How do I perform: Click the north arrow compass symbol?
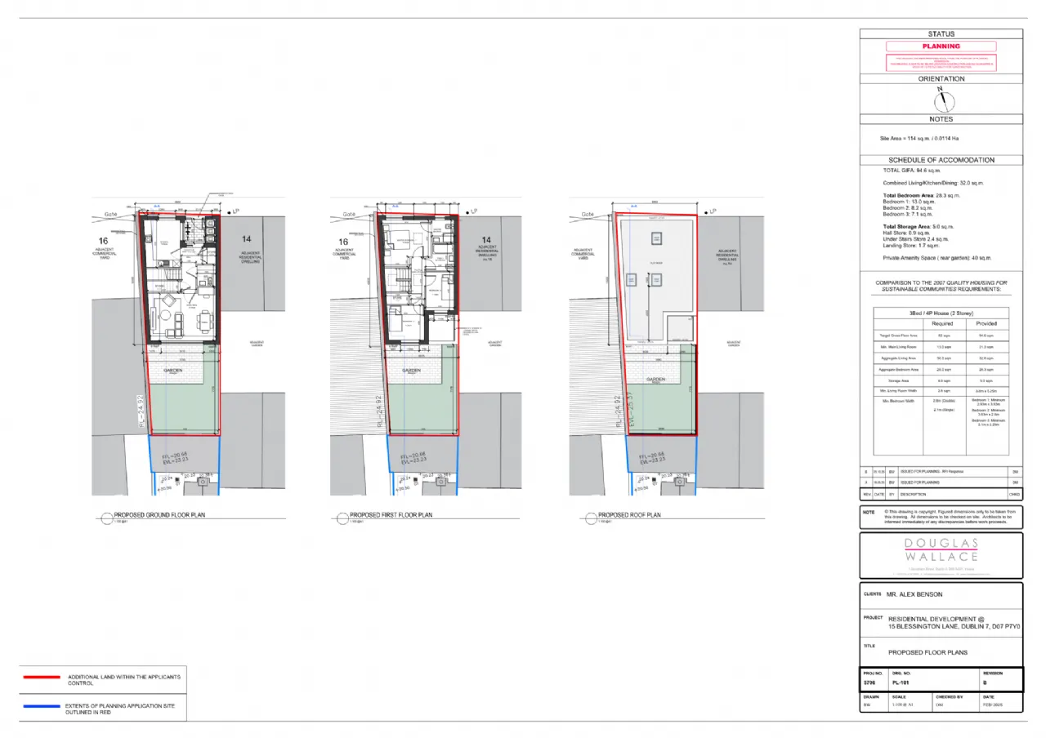(941, 100)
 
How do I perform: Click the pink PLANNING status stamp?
(941, 47)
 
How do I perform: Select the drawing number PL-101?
(902, 682)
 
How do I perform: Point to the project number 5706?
(871, 682)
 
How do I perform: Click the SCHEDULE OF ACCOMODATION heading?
(941, 160)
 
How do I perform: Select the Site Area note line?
(913, 139)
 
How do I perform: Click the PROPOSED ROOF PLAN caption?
(629, 515)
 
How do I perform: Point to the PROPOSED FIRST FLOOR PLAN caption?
(391, 515)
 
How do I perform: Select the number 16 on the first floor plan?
(343, 242)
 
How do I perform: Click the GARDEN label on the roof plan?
(654, 370)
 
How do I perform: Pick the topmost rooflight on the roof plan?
(655, 238)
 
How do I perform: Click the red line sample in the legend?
(42, 678)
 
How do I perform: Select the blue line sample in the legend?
(42, 706)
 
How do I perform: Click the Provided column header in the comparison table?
(986, 323)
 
